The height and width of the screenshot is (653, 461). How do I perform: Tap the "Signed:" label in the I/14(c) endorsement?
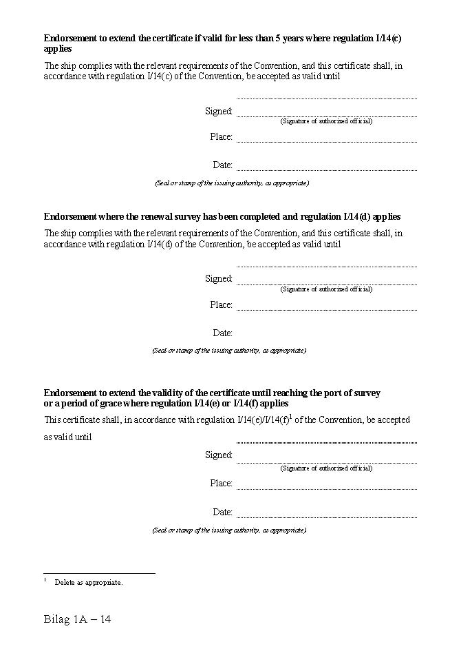point(219,111)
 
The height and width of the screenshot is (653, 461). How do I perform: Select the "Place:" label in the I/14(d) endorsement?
point(221,304)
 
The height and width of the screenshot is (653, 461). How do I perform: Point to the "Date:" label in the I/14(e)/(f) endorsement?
point(222,512)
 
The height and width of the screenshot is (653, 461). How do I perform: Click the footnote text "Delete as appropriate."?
point(89,582)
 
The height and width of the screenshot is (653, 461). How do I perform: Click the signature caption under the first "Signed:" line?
point(326,121)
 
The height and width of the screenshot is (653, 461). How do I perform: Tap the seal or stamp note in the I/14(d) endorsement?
point(229,351)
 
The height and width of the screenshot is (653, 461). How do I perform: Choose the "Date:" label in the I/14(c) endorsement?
point(222,165)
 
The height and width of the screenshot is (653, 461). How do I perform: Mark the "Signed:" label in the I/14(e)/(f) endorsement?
point(219,455)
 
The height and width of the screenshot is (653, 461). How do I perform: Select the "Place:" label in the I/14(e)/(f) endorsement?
point(221,483)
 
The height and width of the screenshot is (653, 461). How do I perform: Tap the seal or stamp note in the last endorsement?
point(229,530)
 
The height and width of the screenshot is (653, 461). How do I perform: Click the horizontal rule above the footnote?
point(99,572)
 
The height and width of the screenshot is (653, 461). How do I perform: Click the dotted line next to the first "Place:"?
point(326,141)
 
